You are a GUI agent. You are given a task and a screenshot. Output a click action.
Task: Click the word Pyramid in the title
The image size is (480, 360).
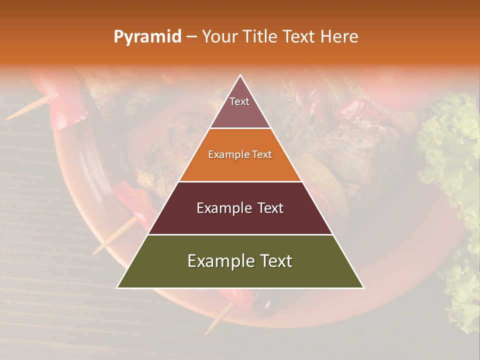147,37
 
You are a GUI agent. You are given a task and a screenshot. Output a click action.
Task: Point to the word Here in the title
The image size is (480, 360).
339,37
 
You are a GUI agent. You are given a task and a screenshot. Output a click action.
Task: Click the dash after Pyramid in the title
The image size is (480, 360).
191,37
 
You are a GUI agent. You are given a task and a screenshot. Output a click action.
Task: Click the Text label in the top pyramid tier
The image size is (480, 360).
239,101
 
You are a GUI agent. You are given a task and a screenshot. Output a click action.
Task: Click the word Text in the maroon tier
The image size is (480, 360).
270,208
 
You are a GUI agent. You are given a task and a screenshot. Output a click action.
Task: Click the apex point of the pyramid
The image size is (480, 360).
240,75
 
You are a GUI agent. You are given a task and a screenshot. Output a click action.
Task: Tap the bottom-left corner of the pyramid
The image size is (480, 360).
117,287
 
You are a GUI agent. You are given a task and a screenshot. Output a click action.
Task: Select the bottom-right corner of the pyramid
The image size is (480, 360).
363,287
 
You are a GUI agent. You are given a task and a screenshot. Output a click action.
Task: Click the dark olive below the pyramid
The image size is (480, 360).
265,304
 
